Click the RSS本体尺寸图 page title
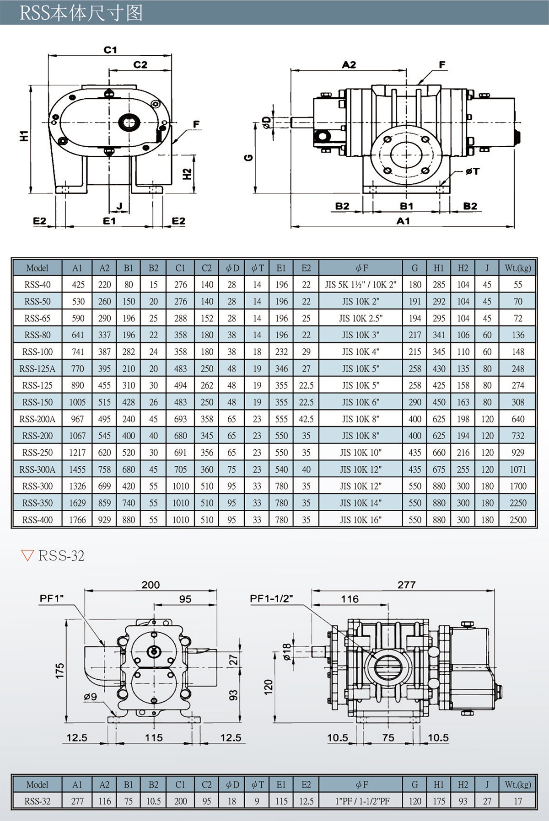click(81, 13)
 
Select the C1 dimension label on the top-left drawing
click(110, 49)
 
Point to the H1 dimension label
click(24, 136)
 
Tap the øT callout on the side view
click(472, 171)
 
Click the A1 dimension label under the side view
click(403, 221)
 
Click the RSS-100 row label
click(38, 352)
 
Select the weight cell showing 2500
click(518, 520)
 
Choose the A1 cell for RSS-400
click(77, 520)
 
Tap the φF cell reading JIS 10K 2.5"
click(361, 318)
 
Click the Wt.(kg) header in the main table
click(518, 268)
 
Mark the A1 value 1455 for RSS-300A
click(77, 469)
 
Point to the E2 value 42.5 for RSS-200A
click(306, 419)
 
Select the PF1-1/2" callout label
click(271, 598)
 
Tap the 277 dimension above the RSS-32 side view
click(406, 585)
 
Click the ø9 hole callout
click(90, 697)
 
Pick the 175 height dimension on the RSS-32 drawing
click(60, 671)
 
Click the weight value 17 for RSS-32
click(518, 801)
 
